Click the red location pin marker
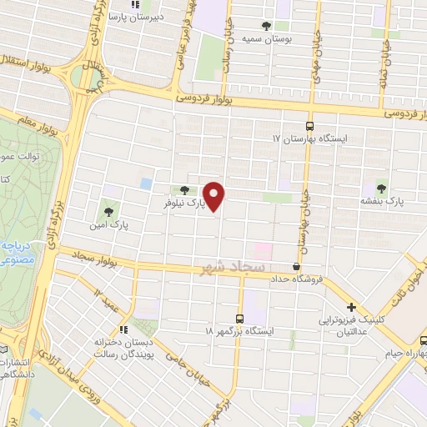pos(214,195)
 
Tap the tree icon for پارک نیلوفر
pos(184,190)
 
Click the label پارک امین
pos(111,225)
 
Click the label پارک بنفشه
pos(383,202)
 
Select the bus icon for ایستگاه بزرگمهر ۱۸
pos(240,318)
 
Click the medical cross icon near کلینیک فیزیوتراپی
pos(351,307)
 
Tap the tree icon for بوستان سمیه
pos(266,26)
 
